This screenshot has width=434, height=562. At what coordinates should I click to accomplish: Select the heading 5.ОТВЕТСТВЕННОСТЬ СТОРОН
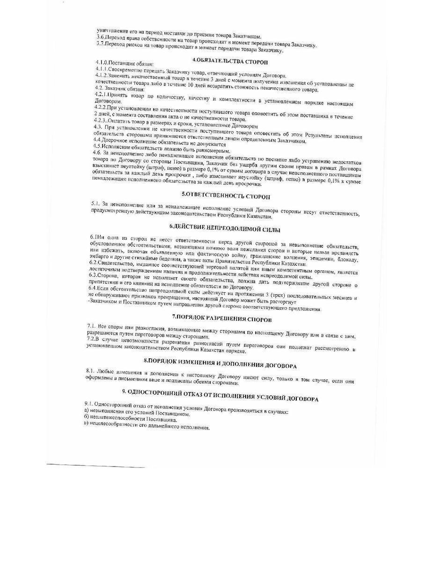[x=226, y=196]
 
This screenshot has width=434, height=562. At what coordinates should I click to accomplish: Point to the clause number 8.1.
[x=91, y=370]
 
